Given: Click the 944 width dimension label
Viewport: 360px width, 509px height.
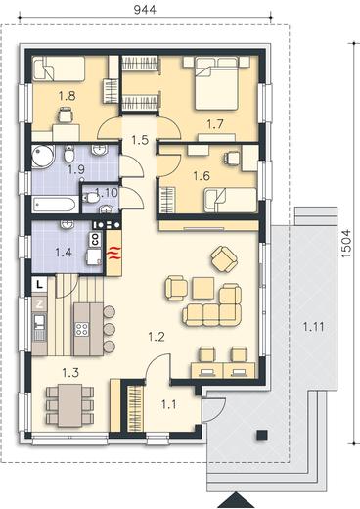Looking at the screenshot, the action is (145, 10).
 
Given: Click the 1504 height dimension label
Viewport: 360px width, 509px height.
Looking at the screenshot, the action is (346, 244).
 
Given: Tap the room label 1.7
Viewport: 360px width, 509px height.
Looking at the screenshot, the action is (215, 124).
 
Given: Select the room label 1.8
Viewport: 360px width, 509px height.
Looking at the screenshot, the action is (67, 96).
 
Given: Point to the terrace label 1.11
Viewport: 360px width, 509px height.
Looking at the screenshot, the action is (314, 326).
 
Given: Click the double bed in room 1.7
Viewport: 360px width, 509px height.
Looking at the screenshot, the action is (216, 83).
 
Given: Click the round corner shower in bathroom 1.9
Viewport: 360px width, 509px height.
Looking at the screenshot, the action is (43, 158).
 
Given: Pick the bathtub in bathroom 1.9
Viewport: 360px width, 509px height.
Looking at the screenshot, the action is (56, 205).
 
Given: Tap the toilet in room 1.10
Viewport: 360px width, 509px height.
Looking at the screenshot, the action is (91, 198).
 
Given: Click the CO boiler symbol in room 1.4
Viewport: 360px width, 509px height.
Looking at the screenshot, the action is (96, 240).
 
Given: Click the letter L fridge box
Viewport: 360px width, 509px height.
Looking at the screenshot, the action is (39, 284).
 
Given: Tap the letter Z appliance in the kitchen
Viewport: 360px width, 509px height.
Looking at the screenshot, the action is (39, 304).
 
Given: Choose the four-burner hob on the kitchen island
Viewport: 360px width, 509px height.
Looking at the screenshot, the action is (82, 329).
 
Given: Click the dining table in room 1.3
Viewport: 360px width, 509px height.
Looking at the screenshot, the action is (70, 405).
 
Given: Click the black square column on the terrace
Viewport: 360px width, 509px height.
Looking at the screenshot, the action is (262, 436).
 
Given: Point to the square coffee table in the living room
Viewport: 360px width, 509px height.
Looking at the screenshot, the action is (203, 288).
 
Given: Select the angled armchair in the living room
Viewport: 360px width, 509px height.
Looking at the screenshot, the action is (224, 258).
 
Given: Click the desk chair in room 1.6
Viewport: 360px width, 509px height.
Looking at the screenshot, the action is (232, 158).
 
